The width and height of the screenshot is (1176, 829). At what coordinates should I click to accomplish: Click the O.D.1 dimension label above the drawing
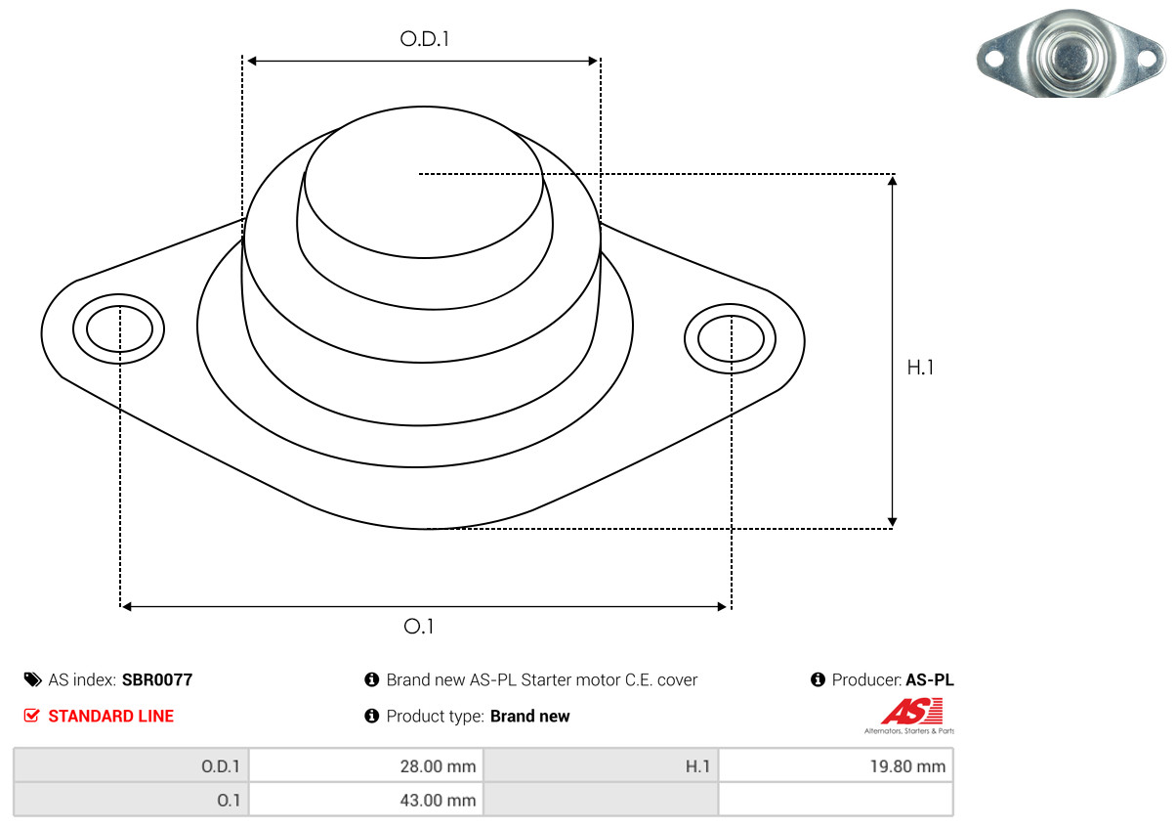(x=424, y=39)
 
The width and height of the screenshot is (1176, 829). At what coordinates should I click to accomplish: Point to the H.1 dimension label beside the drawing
(x=920, y=368)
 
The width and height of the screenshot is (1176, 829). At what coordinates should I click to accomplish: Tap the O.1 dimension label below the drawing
(x=418, y=627)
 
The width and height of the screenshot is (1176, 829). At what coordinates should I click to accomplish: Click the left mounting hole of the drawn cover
(x=119, y=328)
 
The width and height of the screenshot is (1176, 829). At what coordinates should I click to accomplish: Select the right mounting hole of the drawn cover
(x=731, y=339)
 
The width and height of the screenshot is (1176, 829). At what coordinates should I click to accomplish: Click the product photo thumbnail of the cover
(x=1070, y=53)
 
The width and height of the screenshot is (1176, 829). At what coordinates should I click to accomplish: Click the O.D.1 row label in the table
(x=221, y=766)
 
